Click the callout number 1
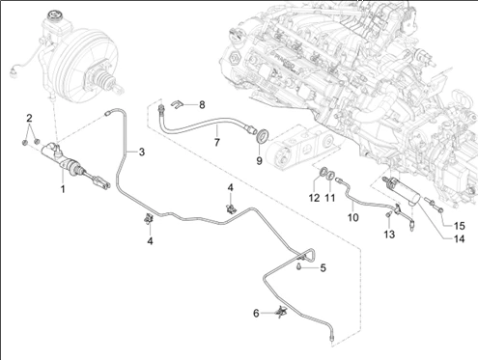click(x=63, y=189)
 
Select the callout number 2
click(x=30, y=118)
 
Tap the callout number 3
click(x=141, y=152)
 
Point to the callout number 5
click(x=323, y=267)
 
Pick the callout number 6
click(x=257, y=313)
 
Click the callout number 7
click(x=216, y=143)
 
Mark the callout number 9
click(x=259, y=161)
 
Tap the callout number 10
click(x=353, y=218)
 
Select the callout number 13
click(x=389, y=235)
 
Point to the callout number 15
click(x=460, y=225)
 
